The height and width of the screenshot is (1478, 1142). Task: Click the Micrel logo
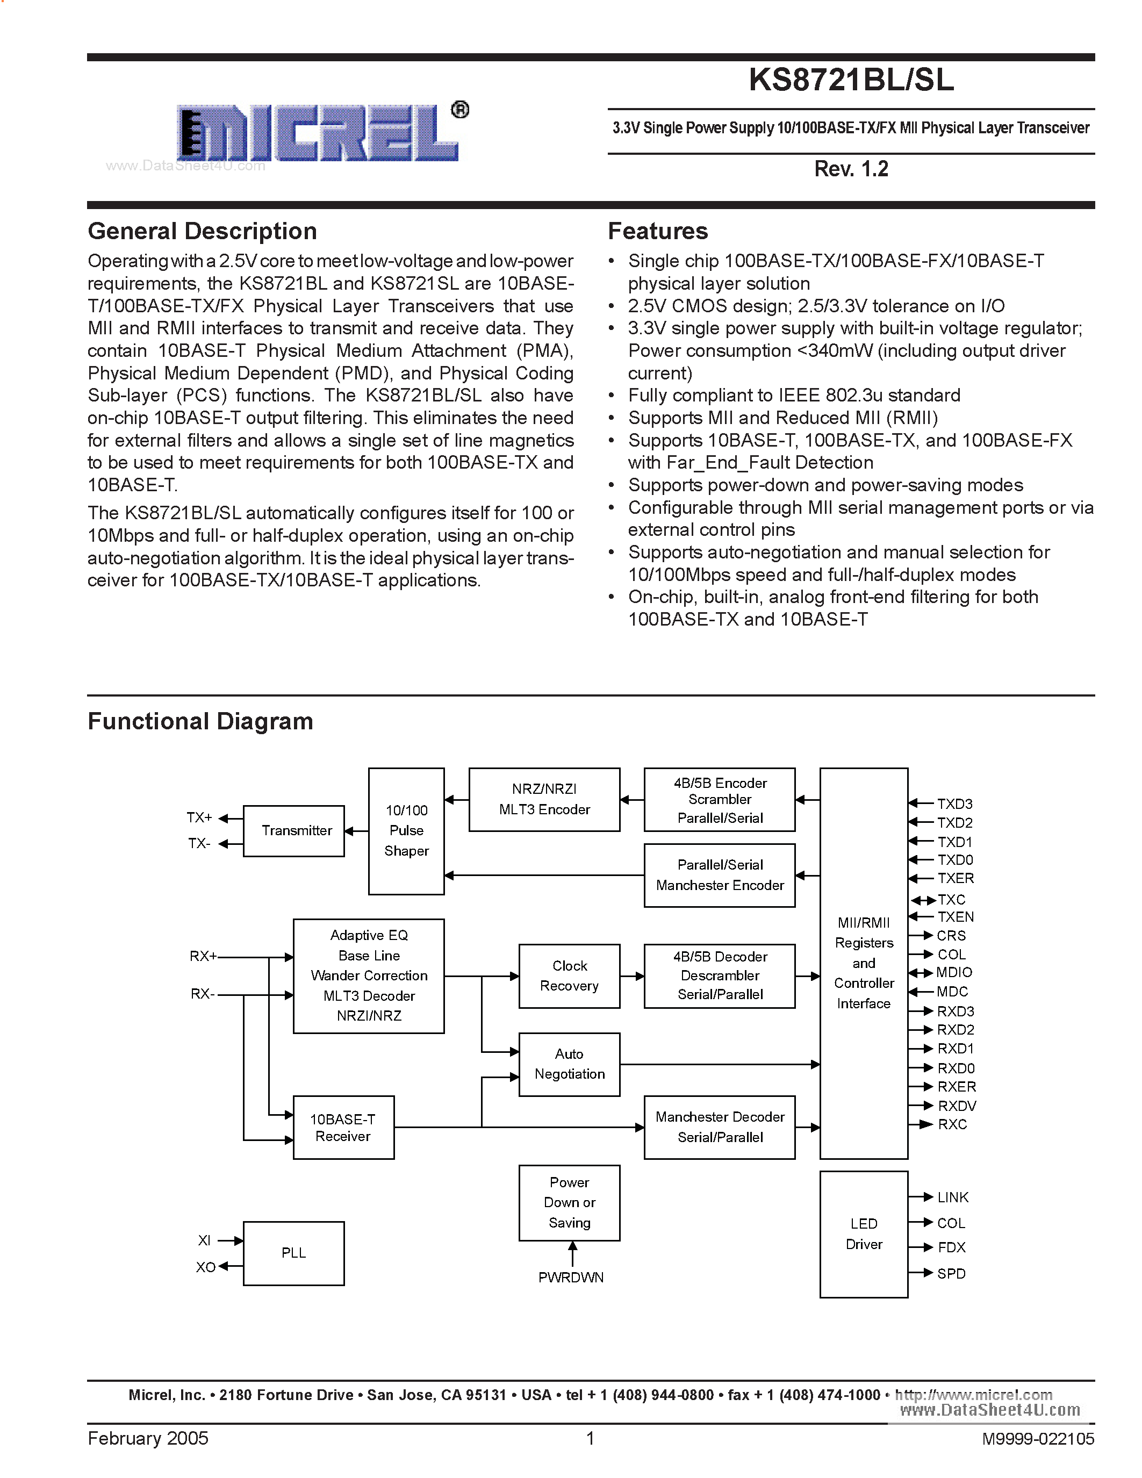[x=318, y=133]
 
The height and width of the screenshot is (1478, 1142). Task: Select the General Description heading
[x=202, y=232]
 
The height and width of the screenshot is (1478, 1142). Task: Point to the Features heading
[x=658, y=232]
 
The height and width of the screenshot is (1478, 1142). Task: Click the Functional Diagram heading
[x=200, y=721]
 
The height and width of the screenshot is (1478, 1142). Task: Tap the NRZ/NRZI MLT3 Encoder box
[x=544, y=799]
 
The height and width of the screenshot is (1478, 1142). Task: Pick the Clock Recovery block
[x=569, y=976]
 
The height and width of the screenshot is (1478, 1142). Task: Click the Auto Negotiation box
[x=569, y=1064]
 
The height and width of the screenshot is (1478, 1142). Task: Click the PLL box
[x=293, y=1253]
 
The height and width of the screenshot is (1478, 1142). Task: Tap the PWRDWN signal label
[x=570, y=1277]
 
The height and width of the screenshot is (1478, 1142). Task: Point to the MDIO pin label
[x=954, y=972]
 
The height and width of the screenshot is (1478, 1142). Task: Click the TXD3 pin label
[x=954, y=804]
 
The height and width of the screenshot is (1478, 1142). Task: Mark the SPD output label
[x=951, y=1274]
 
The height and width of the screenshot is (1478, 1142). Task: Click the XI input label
[x=204, y=1240]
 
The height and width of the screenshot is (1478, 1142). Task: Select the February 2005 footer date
[x=148, y=1438]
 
